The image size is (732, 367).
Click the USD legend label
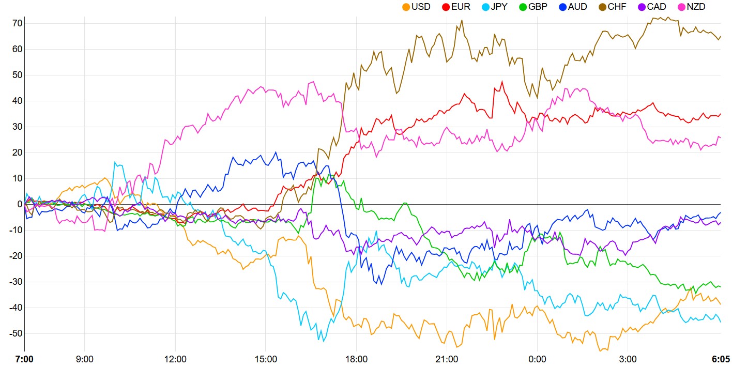point(420,7)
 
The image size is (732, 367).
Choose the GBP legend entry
point(538,7)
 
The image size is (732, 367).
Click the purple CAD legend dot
point(641,7)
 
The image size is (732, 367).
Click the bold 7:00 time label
point(24,359)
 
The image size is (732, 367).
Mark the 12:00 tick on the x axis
point(175,359)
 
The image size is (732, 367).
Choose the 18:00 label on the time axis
point(356,359)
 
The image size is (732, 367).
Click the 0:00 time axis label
point(538,359)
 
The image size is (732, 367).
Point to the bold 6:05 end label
point(720,359)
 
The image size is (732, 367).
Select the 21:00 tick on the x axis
point(447,359)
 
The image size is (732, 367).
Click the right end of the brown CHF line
point(721,36)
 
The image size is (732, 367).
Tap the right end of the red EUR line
point(721,114)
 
